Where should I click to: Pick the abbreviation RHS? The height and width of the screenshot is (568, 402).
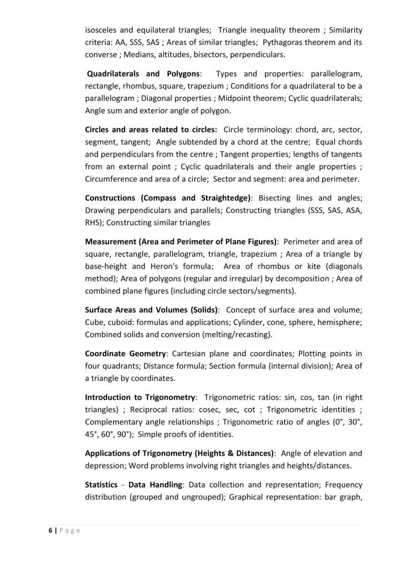pos(94,222)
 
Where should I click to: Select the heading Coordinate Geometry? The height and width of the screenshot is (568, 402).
pos(125,353)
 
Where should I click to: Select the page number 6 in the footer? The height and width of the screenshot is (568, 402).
pos(49,530)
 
